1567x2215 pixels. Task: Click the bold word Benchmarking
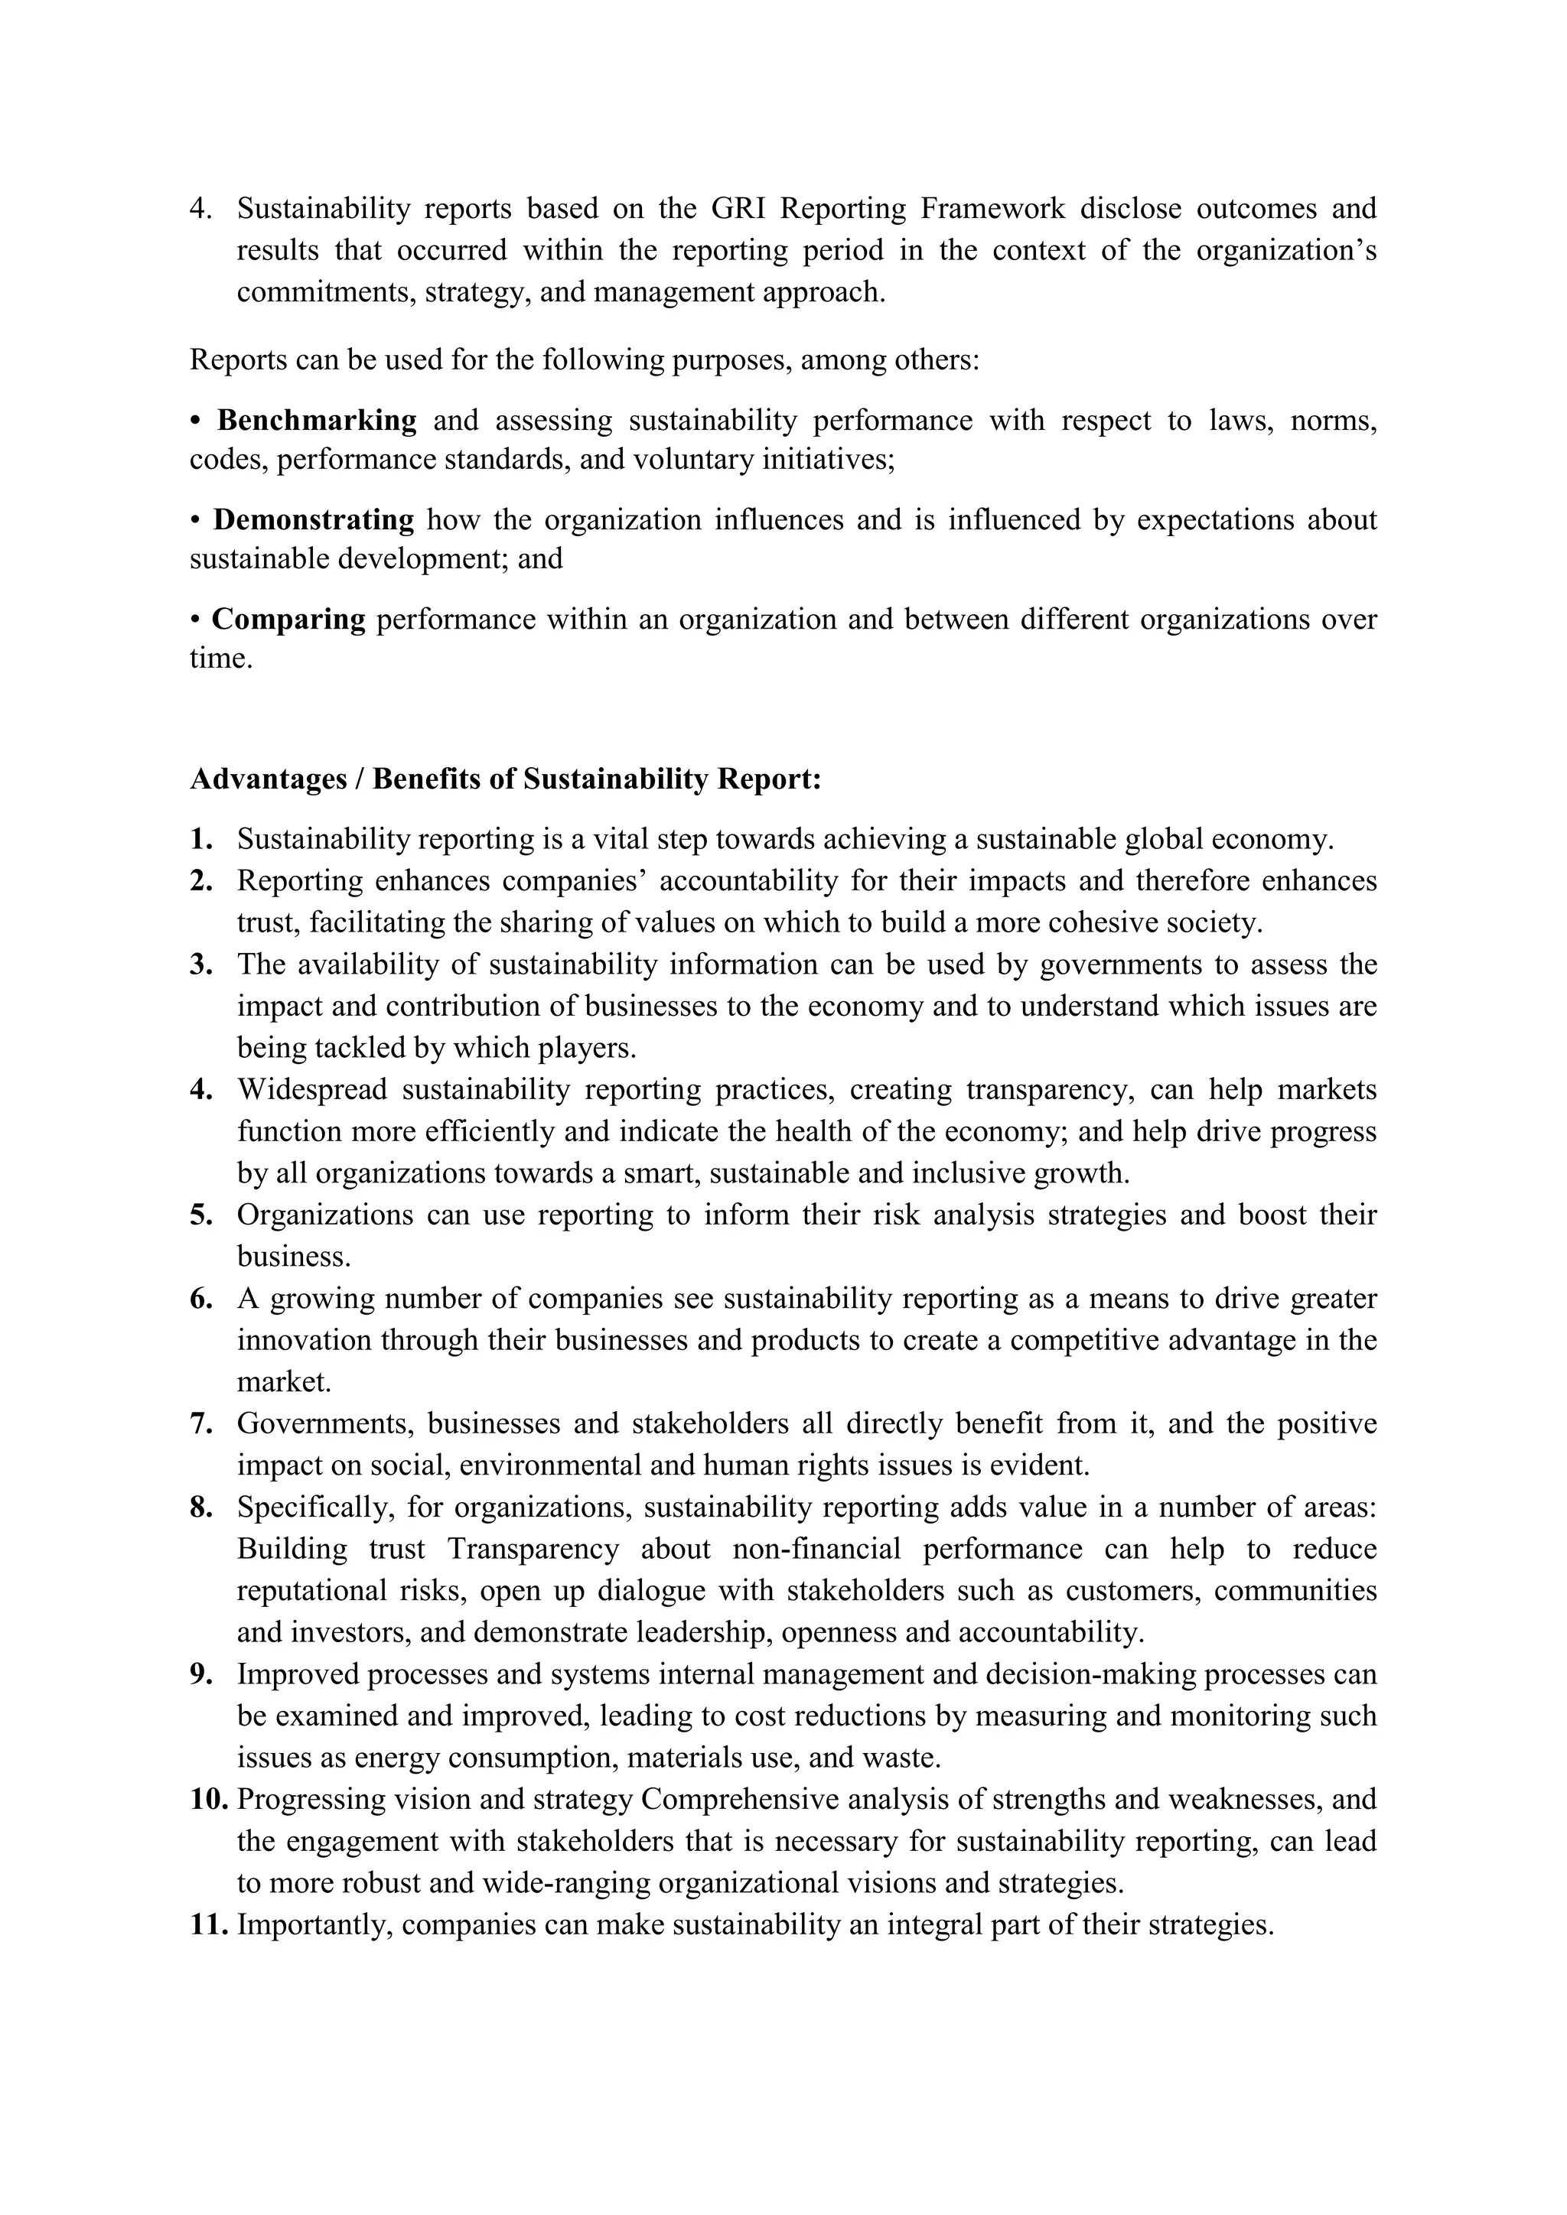317,421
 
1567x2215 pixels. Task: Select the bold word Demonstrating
314,520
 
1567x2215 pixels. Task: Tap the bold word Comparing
288,620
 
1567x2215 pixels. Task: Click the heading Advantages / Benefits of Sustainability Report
505,779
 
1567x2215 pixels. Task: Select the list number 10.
208,1799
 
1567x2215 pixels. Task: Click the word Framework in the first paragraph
992,208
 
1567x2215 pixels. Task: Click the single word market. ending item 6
284,1381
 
